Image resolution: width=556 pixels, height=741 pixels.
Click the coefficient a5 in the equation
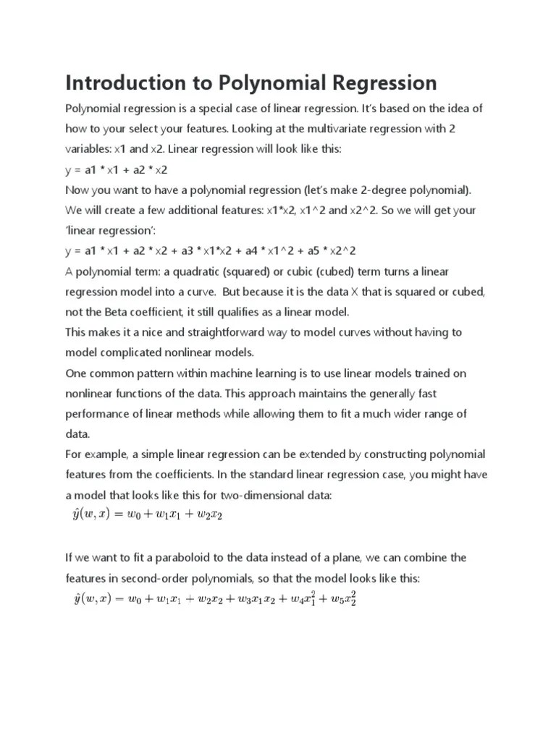(x=307, y=250)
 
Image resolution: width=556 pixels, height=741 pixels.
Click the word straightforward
(x=240, y=332)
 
